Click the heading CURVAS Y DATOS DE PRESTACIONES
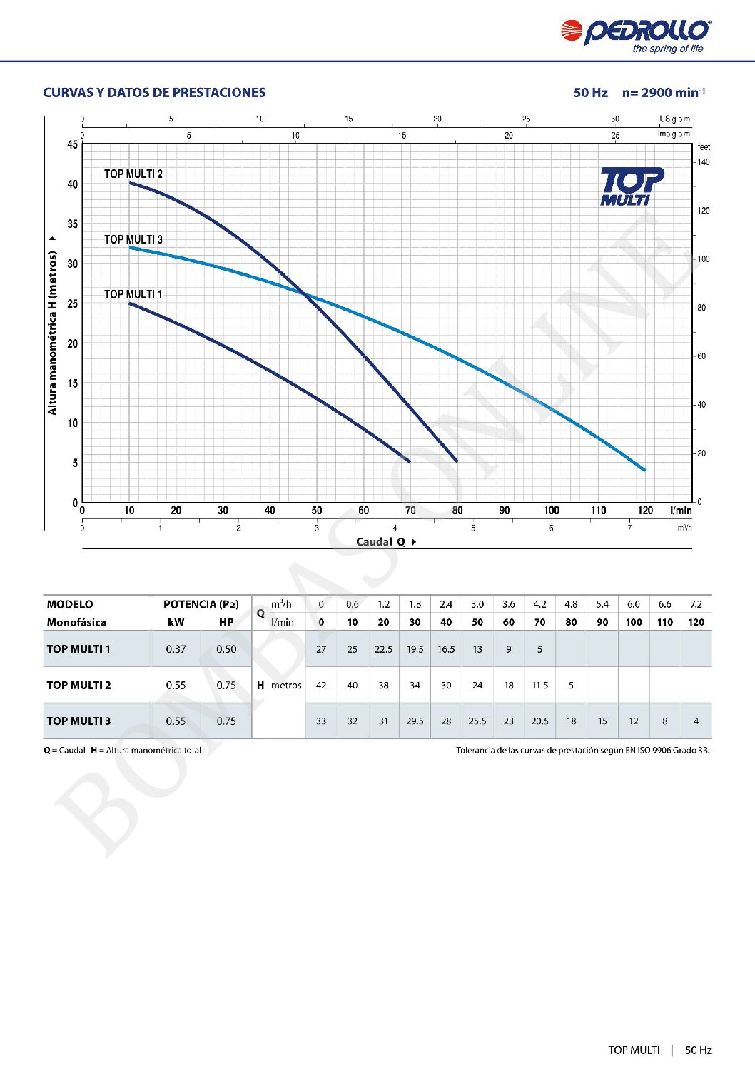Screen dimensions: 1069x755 coord(154,93)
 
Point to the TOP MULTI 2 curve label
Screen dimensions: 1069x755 coord(133,174)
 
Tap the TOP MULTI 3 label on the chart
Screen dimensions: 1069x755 coord(133,239)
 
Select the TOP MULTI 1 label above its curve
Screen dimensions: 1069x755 coord(133,294)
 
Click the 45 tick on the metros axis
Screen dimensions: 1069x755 coord(73,144)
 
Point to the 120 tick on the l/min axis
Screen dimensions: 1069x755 coord(645,511)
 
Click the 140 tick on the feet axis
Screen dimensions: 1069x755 coord(704,162)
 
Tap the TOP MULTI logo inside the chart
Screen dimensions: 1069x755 coord(631,187)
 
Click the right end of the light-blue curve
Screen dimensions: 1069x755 coord(644,470)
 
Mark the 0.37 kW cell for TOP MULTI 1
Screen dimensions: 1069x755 coord(176,649)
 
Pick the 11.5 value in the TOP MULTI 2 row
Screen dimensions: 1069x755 coord(539,685)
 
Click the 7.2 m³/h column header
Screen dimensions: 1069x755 coord(696,604)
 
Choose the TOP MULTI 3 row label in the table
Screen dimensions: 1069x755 coord(78,721)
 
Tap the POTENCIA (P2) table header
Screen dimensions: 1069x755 coord(201,604)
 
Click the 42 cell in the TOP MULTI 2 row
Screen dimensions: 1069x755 coord(321,685)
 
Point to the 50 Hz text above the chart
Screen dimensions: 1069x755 coord(590,93)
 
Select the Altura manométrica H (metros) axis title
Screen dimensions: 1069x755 coord(52,333)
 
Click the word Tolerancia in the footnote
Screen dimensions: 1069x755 coord(477,751)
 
